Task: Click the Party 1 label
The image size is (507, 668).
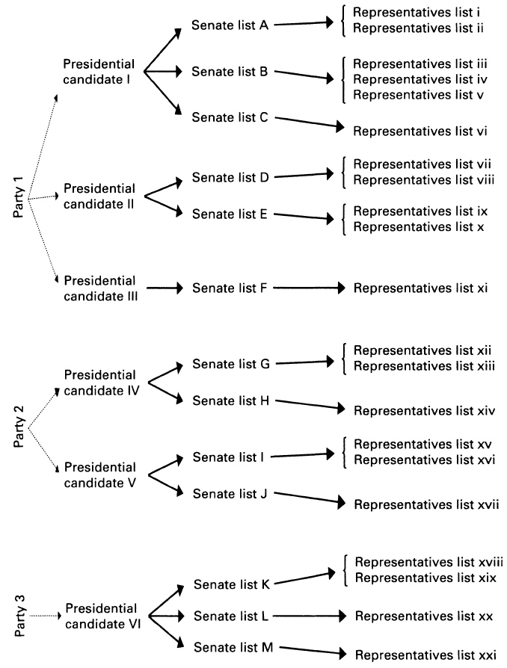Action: click(x=19, y=197)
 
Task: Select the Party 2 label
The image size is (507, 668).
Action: click(x=19, y=427)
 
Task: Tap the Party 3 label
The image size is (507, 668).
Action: click(x=19, y=616)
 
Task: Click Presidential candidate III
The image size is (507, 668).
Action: click(x=101, y=288)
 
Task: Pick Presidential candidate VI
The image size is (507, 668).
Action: click(x=102, y=616)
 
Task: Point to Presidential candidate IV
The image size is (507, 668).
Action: click(x=102, y=383)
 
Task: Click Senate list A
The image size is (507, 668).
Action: click(x=230, y=25)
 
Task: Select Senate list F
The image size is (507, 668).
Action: click(x=230, y=288)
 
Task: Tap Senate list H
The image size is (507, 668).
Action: click(x=230, y=401)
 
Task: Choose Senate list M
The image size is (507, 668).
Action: click(x=233, y=647)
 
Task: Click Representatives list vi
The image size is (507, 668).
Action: click(x=420, y=132)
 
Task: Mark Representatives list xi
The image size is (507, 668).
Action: click(x=420, y=288)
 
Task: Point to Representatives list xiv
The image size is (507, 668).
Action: click(x=424, y=411)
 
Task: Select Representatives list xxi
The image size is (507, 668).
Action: click(x=425, y=655)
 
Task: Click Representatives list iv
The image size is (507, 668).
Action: click(x=420, y=79)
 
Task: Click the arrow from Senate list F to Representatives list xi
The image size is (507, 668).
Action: click(x=309, y=288)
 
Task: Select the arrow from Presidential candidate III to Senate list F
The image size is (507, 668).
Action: click(x=165, y=288)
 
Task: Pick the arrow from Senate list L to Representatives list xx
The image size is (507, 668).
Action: click(x=310, y=616)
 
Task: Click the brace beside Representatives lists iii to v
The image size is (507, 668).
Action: click(x=343, y=79)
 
